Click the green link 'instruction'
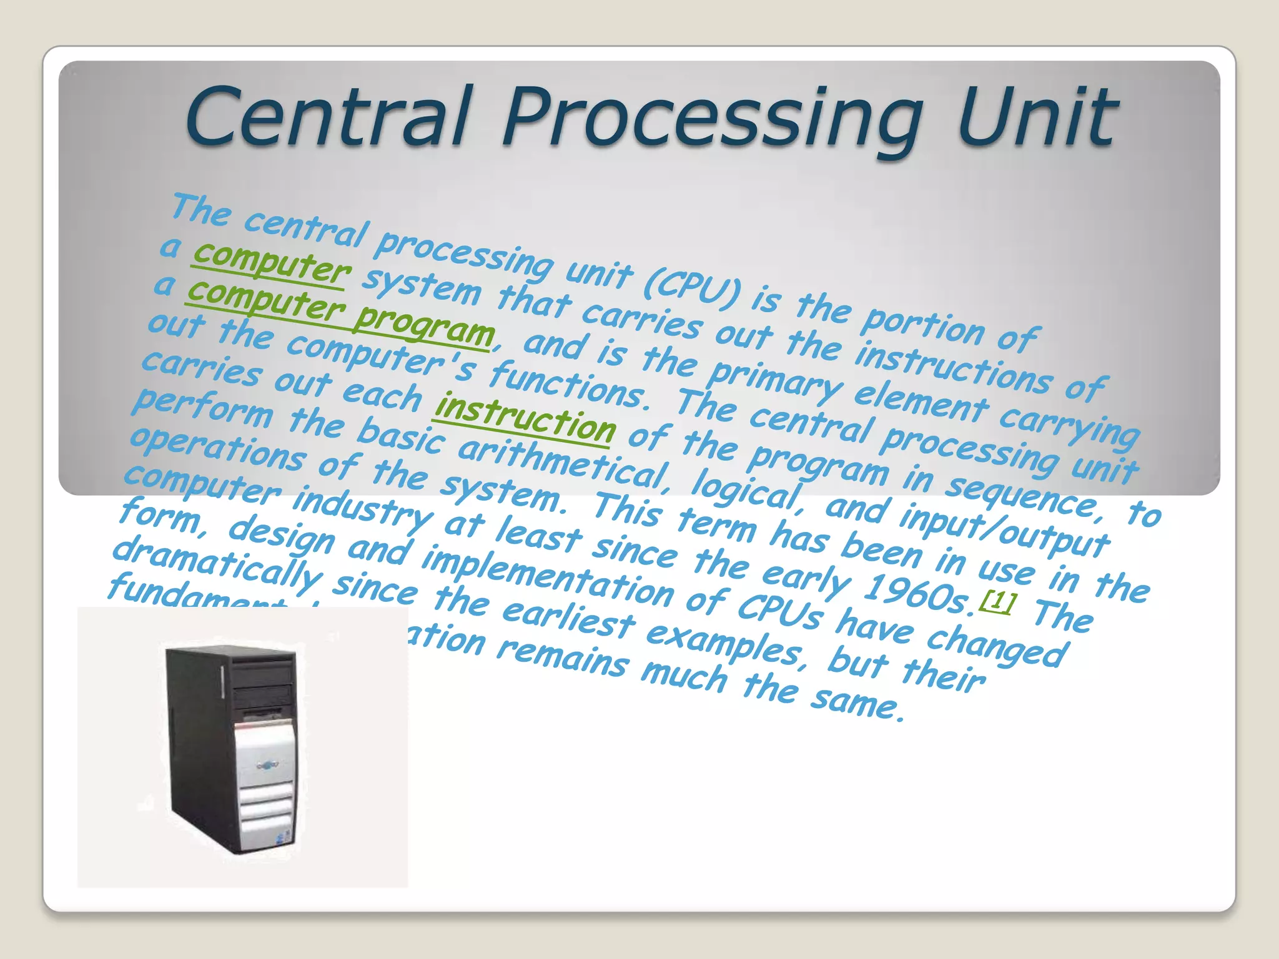[x=525, y=419]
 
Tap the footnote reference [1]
[x=998, y=601]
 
